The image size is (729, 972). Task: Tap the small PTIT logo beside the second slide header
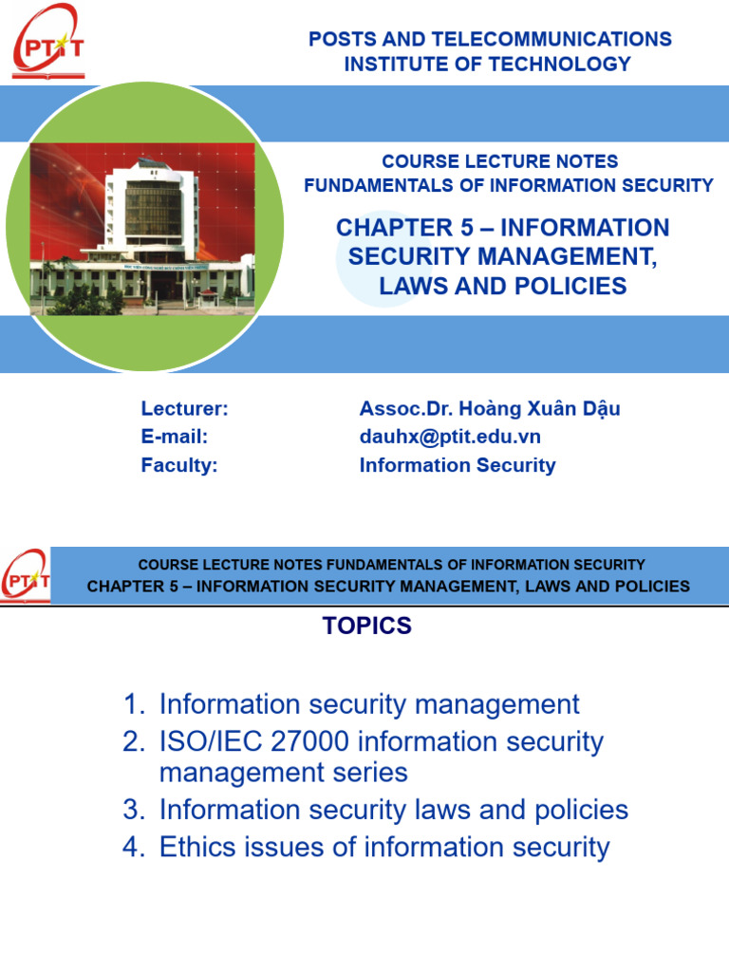pyautogui.click(x=26, y=576)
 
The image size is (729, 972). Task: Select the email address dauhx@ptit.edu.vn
pyautogui.click(x=450, y=437)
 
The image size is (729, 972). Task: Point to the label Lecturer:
pyautogui.click(x=184, y=408)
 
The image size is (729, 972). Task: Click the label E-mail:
pyautogui.click(x=174, y=437)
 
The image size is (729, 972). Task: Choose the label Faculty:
pyautogui.click(x=179, y=465)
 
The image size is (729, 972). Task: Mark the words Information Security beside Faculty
pyautogui.click(x=458, y=465)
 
